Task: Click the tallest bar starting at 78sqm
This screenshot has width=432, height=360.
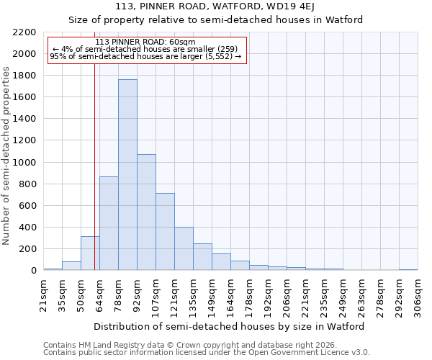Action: [x=127, y=175]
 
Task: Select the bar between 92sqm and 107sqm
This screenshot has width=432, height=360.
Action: [x=146, y=212]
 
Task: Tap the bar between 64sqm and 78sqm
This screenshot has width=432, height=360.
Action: [x=109, y=223]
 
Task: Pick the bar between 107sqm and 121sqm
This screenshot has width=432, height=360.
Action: [x=165, y=232]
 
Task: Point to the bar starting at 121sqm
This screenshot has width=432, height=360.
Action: [x=184, y=248]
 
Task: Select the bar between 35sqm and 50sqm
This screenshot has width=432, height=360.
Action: [x=71, y=266]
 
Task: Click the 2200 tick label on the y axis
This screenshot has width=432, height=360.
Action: [x=24, y=32]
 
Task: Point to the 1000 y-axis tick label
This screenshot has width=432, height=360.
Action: [x=24, y=163]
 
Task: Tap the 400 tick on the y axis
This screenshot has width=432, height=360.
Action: [x=27, y=228]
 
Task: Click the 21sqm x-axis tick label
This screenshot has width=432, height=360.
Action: [x=43, y=294]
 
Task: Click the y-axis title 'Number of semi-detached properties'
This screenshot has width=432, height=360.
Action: [x=7, y=156]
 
